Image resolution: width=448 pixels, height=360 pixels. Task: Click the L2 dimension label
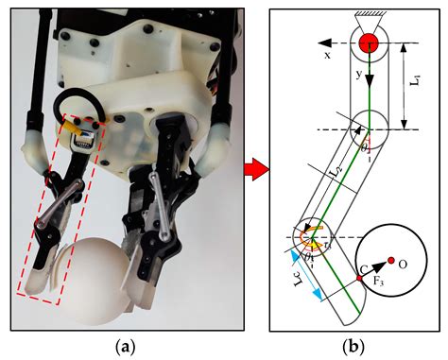(335, 171)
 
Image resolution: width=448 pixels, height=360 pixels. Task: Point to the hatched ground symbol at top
(368, 15)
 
